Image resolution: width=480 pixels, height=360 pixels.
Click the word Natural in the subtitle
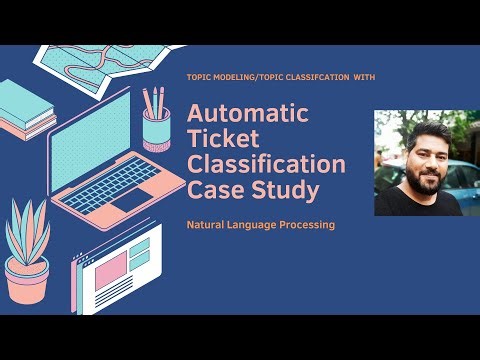pyautogui.click(x=207, y=225)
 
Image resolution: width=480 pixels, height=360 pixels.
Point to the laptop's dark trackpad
pyautogui.click(x=131, y=199)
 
